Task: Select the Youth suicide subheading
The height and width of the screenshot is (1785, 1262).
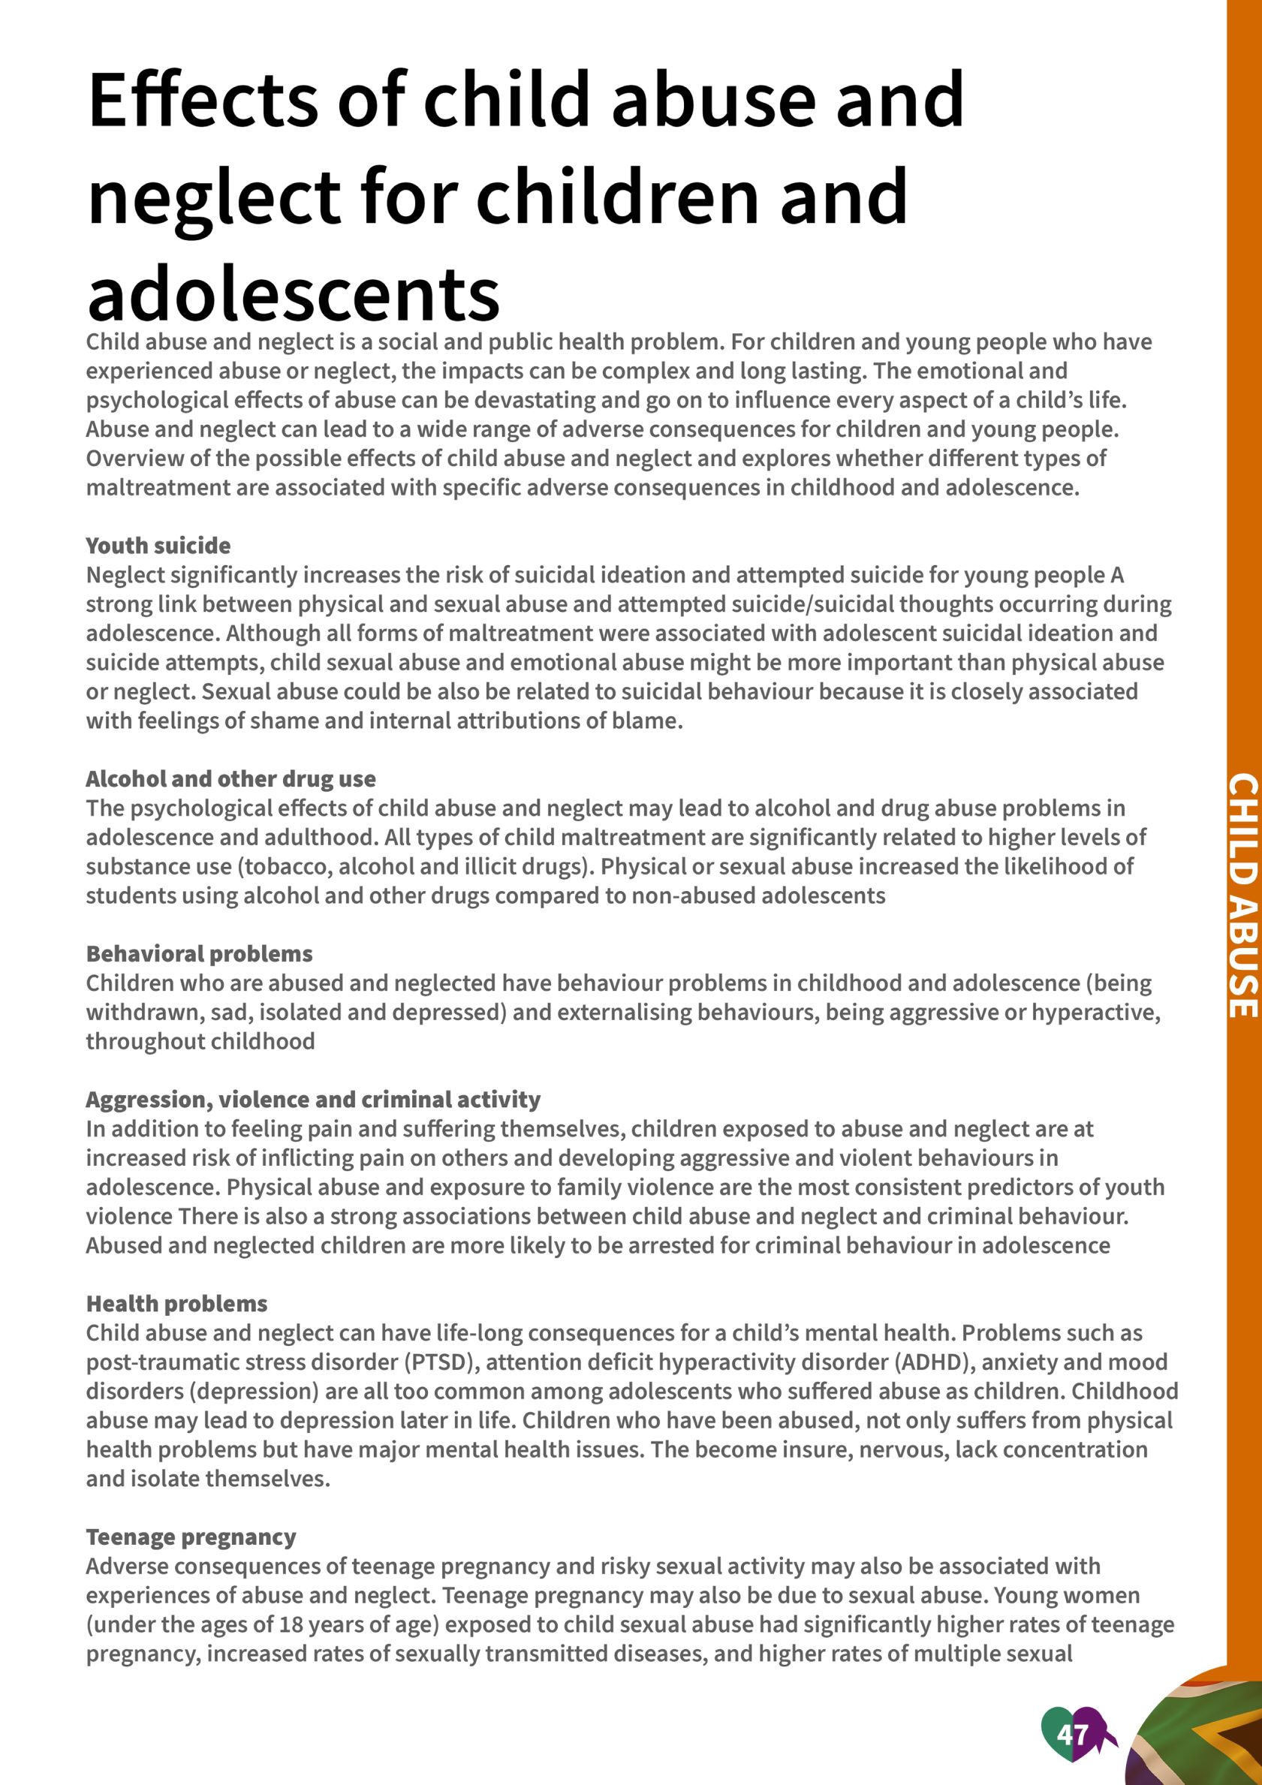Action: coord(158,546)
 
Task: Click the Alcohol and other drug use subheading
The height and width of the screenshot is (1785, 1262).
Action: coord(230,779)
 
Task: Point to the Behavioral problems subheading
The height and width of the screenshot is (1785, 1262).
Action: coord(199,954)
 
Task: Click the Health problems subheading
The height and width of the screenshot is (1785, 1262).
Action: coord(176,1304)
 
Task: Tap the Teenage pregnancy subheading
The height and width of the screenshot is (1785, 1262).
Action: coord(191,1537)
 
